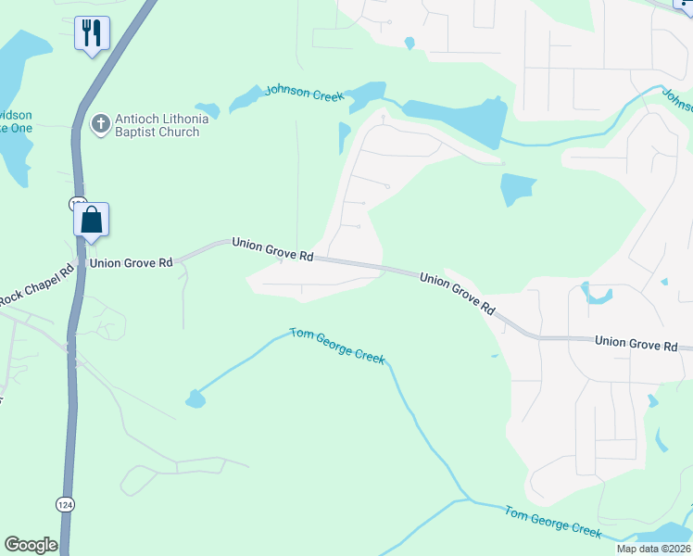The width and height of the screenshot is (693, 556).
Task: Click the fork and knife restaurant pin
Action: pyautogui.click(x=92, y=34)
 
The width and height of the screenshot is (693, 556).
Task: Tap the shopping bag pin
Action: pyautogui.click(x=92, y=221)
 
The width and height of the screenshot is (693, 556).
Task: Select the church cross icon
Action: pyautogui.click(x=101, y=123)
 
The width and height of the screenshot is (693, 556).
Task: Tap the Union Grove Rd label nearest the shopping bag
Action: pyautogui.click(x=129, y=263)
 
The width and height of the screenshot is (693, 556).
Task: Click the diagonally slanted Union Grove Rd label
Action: pyautogui.click(x=456, y=293)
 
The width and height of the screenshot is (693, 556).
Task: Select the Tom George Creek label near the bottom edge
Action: pyautogui.click(x=552, y=522)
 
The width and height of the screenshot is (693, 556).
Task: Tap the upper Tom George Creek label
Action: pyautogui.click(x=336, y=345)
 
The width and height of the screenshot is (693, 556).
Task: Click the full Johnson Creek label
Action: pyautogui.click(x=304, y=92)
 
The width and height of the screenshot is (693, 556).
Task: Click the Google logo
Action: pyautogui.click(x=31, y=545)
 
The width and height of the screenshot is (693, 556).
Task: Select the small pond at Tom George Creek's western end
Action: pyautogui.click(x=195, y=399)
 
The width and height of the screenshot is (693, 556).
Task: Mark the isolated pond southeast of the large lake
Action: pyautogui.click(x=517, y=189)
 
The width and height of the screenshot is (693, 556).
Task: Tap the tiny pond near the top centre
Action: pyautogui.click(x=409, y=43)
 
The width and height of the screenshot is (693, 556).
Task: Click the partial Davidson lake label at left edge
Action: pyautogui.click(x=16, y=120)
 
